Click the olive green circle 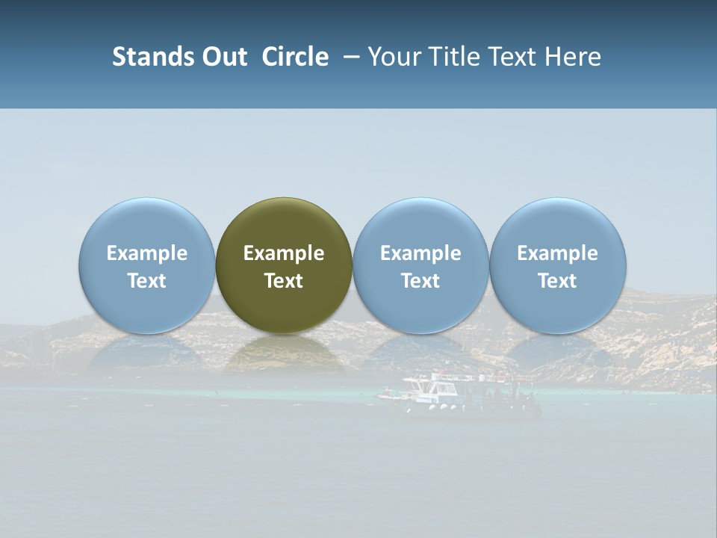pos(284,224)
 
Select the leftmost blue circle pos(146,224)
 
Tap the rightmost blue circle pos(558,224)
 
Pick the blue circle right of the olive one pos(420,224)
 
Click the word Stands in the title pos(152,58)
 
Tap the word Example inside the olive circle pos(284,253)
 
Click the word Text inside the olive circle pos(284,281)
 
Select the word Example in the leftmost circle pos(146,253)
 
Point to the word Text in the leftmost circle pos(146,281)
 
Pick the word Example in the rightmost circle pos(558,253)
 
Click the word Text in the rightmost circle pos(558,281)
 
